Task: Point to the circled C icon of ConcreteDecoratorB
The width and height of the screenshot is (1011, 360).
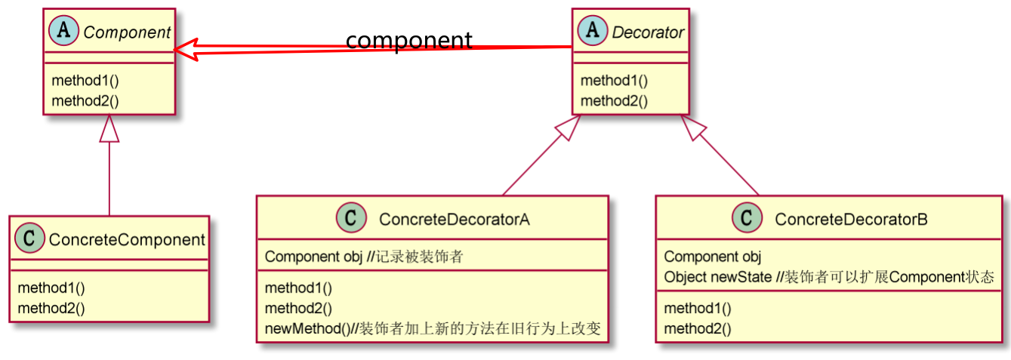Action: click(747, 219)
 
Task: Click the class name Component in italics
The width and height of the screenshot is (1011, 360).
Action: click(127, 32)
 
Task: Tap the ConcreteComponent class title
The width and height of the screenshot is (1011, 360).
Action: click(127, 240)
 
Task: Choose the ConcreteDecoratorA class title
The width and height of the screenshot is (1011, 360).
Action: click(455, 220)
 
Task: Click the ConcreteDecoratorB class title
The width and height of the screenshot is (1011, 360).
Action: click(851, 220)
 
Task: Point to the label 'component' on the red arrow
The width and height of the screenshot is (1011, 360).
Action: click(409, 39)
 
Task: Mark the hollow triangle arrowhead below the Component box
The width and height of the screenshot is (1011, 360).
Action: click(110, 128)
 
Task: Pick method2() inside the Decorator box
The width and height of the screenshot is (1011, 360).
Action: click(614, 100)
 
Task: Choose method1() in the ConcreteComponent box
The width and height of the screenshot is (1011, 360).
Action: click(51, 288)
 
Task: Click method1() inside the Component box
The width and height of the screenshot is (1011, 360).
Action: click(85, 81)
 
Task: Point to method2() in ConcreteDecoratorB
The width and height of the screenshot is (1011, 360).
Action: click(698, 328)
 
